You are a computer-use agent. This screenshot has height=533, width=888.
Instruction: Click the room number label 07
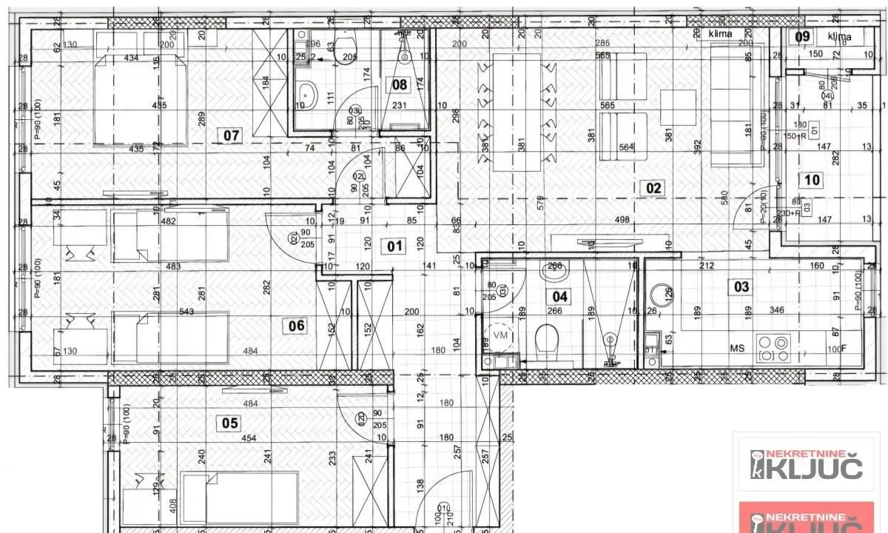(232, 135)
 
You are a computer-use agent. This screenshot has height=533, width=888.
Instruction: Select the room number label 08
(399, 84)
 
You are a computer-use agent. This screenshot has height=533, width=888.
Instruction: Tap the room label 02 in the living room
(653, 188)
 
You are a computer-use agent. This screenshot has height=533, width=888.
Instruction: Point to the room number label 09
(802, 36)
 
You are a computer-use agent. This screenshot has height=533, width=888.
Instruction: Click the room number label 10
(812, 179)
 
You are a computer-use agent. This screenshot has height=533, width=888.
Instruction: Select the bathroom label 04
(559, 296)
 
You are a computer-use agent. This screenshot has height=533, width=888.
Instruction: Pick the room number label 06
(297, 324)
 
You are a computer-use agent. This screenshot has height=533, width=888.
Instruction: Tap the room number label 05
(230, 423)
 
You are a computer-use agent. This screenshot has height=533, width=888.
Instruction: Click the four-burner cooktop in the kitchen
(773, 347)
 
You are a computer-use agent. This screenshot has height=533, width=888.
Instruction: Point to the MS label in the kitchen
(737, 348)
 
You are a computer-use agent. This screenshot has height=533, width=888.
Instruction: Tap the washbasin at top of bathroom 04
(555, 271)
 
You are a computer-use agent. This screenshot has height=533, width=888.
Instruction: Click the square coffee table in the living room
(677, 107)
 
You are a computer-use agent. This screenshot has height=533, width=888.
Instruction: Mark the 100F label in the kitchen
(835, 349)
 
